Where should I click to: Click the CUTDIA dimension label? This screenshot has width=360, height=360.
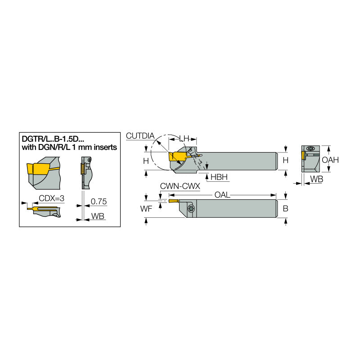140,135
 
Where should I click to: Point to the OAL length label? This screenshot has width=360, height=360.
222,195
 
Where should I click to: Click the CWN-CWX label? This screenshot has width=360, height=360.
180,186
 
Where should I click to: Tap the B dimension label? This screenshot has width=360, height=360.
286,208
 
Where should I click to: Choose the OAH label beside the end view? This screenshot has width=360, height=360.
331,160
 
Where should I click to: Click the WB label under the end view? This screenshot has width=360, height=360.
316,180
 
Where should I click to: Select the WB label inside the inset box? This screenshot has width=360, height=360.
98,216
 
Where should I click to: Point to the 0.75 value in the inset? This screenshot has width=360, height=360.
99,201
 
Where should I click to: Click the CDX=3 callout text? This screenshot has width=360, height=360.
51,198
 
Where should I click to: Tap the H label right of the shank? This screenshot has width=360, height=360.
286,161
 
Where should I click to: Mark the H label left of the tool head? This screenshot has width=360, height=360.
146,161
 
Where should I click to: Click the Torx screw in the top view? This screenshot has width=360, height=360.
190,208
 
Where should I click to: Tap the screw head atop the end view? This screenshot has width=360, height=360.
310,148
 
